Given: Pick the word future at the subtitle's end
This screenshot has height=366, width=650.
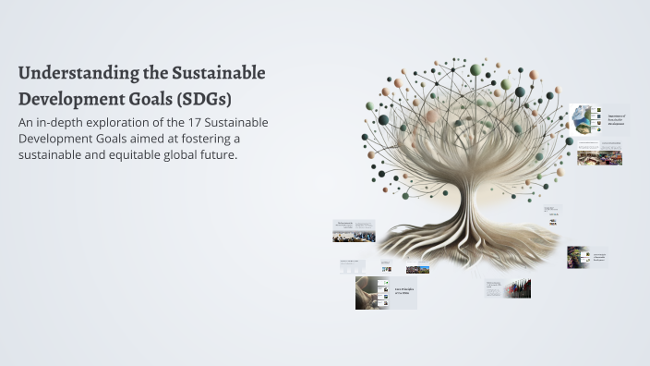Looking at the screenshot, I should (216, 154).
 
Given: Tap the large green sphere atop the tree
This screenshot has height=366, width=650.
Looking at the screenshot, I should (475, 70).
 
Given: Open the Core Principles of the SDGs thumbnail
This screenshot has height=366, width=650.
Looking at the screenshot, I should (386, 292).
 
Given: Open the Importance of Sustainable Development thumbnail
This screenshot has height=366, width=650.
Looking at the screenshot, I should (598, 120).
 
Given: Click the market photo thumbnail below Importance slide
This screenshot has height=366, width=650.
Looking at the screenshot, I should (600, 158).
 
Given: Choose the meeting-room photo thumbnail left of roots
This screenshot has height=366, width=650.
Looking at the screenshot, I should (354, 231).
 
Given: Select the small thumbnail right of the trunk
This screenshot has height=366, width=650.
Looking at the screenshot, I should (553, 215).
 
